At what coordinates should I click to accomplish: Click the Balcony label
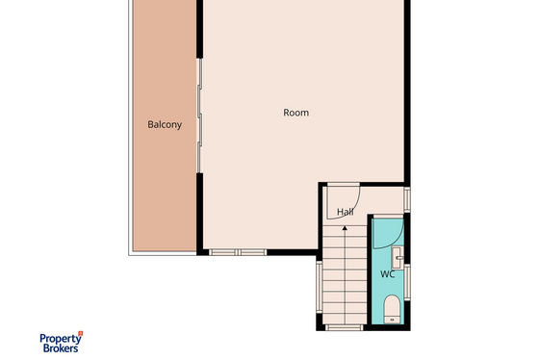click(165, 124)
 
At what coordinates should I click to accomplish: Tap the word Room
click(296, 113)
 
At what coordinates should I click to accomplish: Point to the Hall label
click(346, 212)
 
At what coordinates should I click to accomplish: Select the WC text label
click(387, 274)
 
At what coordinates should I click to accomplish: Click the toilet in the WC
click(392, 309)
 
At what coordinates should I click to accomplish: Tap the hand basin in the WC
click(398, 258)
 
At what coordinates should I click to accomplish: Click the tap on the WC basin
click(399, 258)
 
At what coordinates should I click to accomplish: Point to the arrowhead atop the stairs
click(345, 228)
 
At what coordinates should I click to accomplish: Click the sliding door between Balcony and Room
click(199, 116)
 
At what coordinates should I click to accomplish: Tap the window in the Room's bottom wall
click(238, 252)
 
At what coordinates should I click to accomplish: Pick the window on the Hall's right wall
click(407, 199)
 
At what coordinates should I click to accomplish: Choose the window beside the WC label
click(407, 282)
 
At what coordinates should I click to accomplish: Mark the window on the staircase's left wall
click(320, 287)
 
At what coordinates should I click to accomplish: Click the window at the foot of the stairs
click(345, 327)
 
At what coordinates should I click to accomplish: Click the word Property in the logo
click(61, 339)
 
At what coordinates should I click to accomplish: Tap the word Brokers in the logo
click(61, 348)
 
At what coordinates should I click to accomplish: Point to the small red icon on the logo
click(81, 333)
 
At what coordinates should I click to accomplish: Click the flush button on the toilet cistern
click(392, 320)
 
